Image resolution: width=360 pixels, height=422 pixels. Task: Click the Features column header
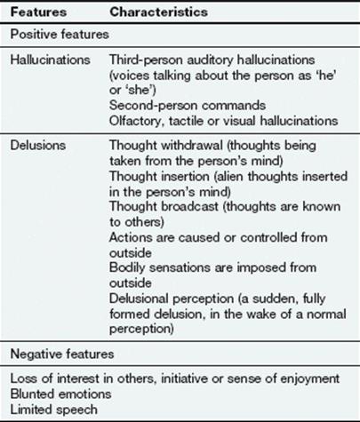(38, 12)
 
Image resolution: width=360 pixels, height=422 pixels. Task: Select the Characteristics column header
(158, 12)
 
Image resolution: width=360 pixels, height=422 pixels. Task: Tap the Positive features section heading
(60, 35)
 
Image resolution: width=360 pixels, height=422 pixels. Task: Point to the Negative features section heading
(62, 354)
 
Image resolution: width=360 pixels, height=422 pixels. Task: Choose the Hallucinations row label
(51, 60)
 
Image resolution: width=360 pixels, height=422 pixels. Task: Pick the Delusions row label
(38, 145)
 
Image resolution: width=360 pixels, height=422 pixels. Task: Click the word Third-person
(147, 60)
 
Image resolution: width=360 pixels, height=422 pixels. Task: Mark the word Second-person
(153, 106)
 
